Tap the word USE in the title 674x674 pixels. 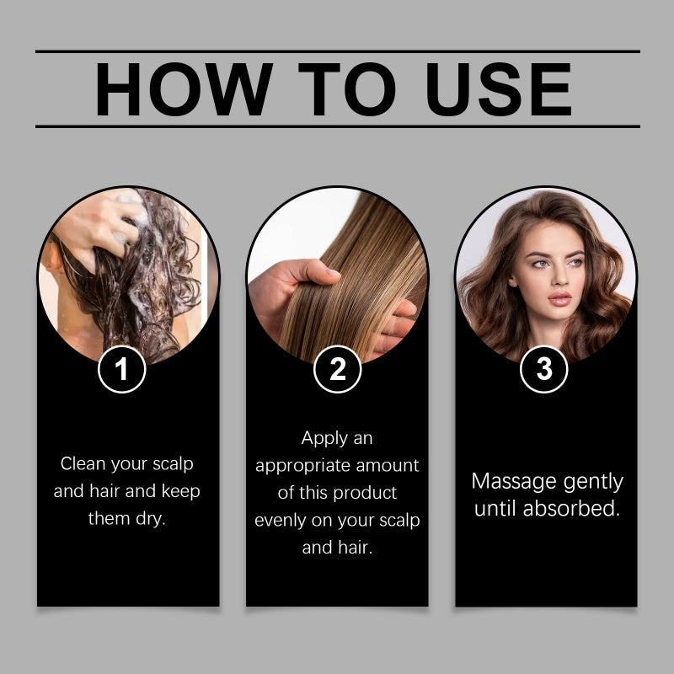coord(499,89)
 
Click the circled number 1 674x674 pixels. coord(123,370)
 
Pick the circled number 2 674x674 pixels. coord(337,370)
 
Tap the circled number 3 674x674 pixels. coord(544,370)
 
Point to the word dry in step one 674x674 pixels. coord(150,518)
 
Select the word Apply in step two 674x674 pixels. coord(324,438)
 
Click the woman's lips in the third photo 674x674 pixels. coord(558,298)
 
